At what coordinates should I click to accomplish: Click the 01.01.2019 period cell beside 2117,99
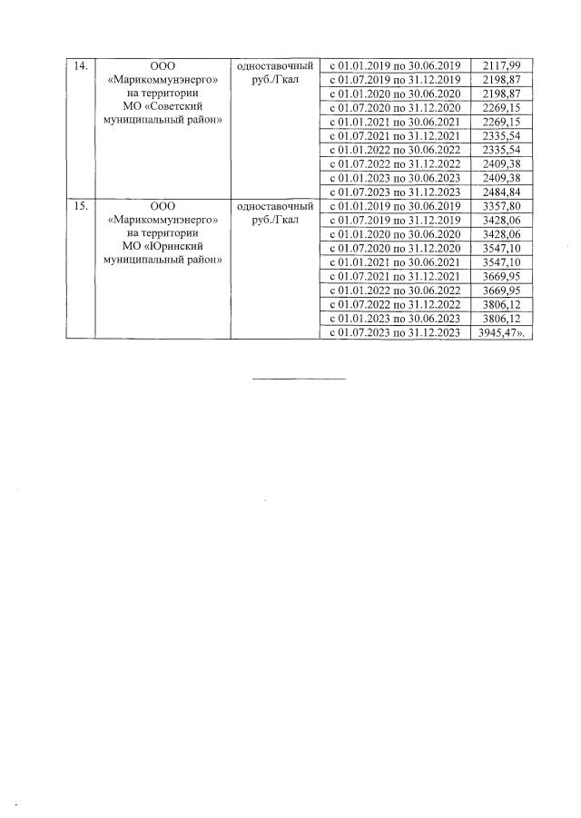click(395, 66)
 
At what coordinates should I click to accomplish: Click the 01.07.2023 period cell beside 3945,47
click(395, 332)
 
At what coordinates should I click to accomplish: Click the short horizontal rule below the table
click(299, 378)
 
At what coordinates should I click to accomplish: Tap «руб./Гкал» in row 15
click(276, 220)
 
